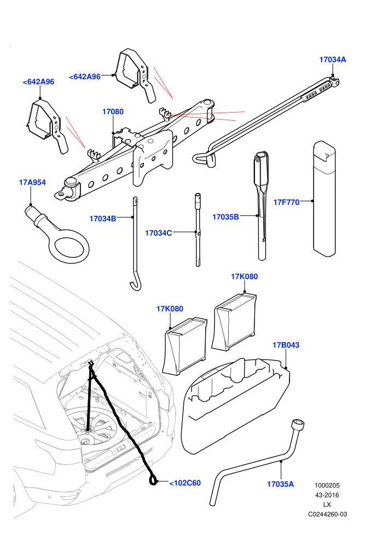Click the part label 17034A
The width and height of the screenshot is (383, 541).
(x=332, y=60)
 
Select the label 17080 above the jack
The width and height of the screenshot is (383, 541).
(x=113, y=112)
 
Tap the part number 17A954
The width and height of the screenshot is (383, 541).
(x=32, y=183)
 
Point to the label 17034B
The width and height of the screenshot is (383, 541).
(x=102, y=219)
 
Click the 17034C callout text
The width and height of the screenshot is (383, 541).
(x=158, y=233)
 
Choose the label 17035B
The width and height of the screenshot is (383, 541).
(x=225, y=217)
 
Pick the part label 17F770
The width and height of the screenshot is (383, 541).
(x=286, y=202)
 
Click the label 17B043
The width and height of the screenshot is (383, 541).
(x=286, y=345)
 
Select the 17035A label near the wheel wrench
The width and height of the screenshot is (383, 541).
(x=281, y=484)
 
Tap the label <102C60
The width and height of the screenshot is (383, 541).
(x=185, y=483)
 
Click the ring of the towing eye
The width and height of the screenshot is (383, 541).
(x=69, y=254)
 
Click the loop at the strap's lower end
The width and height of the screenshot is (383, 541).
(x=153, y=480)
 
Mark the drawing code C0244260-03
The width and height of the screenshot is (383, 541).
(x=327, y=514)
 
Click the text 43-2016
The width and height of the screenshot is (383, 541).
(x=327, y=495)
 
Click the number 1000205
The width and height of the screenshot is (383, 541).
(x=327, y=485)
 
